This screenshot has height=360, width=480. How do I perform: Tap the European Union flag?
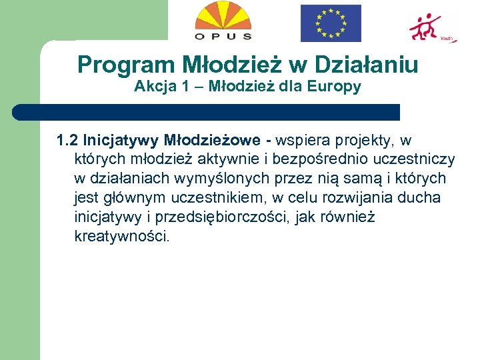pos(331,23)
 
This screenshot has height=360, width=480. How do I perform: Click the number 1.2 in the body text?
pos(67,141)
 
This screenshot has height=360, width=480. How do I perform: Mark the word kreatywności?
pos(123,237)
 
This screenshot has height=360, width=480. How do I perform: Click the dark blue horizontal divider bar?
pos(207,112)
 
